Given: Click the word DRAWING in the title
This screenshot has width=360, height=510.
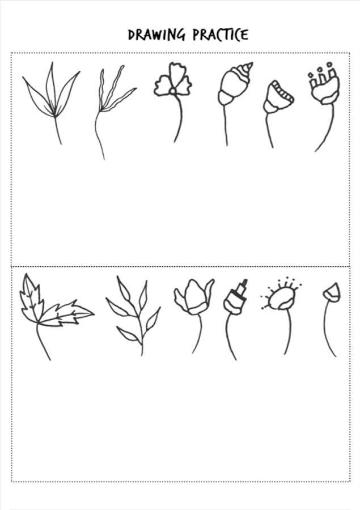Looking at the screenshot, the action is [156, 35].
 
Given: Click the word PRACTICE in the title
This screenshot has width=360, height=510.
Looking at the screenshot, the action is [221, 35].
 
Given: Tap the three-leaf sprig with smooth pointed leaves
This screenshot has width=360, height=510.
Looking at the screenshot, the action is [52, 97].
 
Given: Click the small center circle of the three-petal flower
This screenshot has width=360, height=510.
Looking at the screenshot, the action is [173, 91].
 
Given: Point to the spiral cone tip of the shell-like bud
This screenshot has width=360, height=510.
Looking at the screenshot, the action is [247, 69].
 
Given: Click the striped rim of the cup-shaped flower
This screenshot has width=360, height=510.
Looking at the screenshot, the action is [282, 91].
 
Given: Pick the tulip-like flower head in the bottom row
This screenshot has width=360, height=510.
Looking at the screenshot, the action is [193, 296].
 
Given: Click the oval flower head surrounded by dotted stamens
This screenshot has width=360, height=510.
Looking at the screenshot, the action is [282, 299].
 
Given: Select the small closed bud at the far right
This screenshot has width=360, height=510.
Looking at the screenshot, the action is [332, 292].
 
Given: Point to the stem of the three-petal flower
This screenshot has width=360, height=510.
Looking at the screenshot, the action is [180, 118].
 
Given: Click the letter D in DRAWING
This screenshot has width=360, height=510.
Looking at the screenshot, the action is [131, 35].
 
